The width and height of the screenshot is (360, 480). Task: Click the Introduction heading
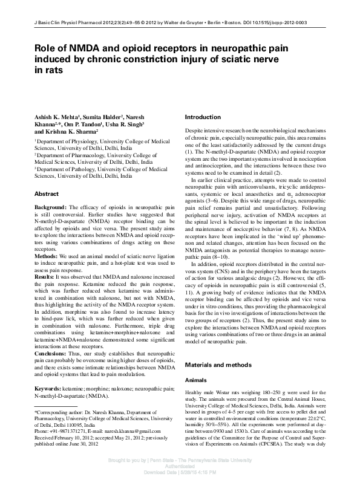203,117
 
